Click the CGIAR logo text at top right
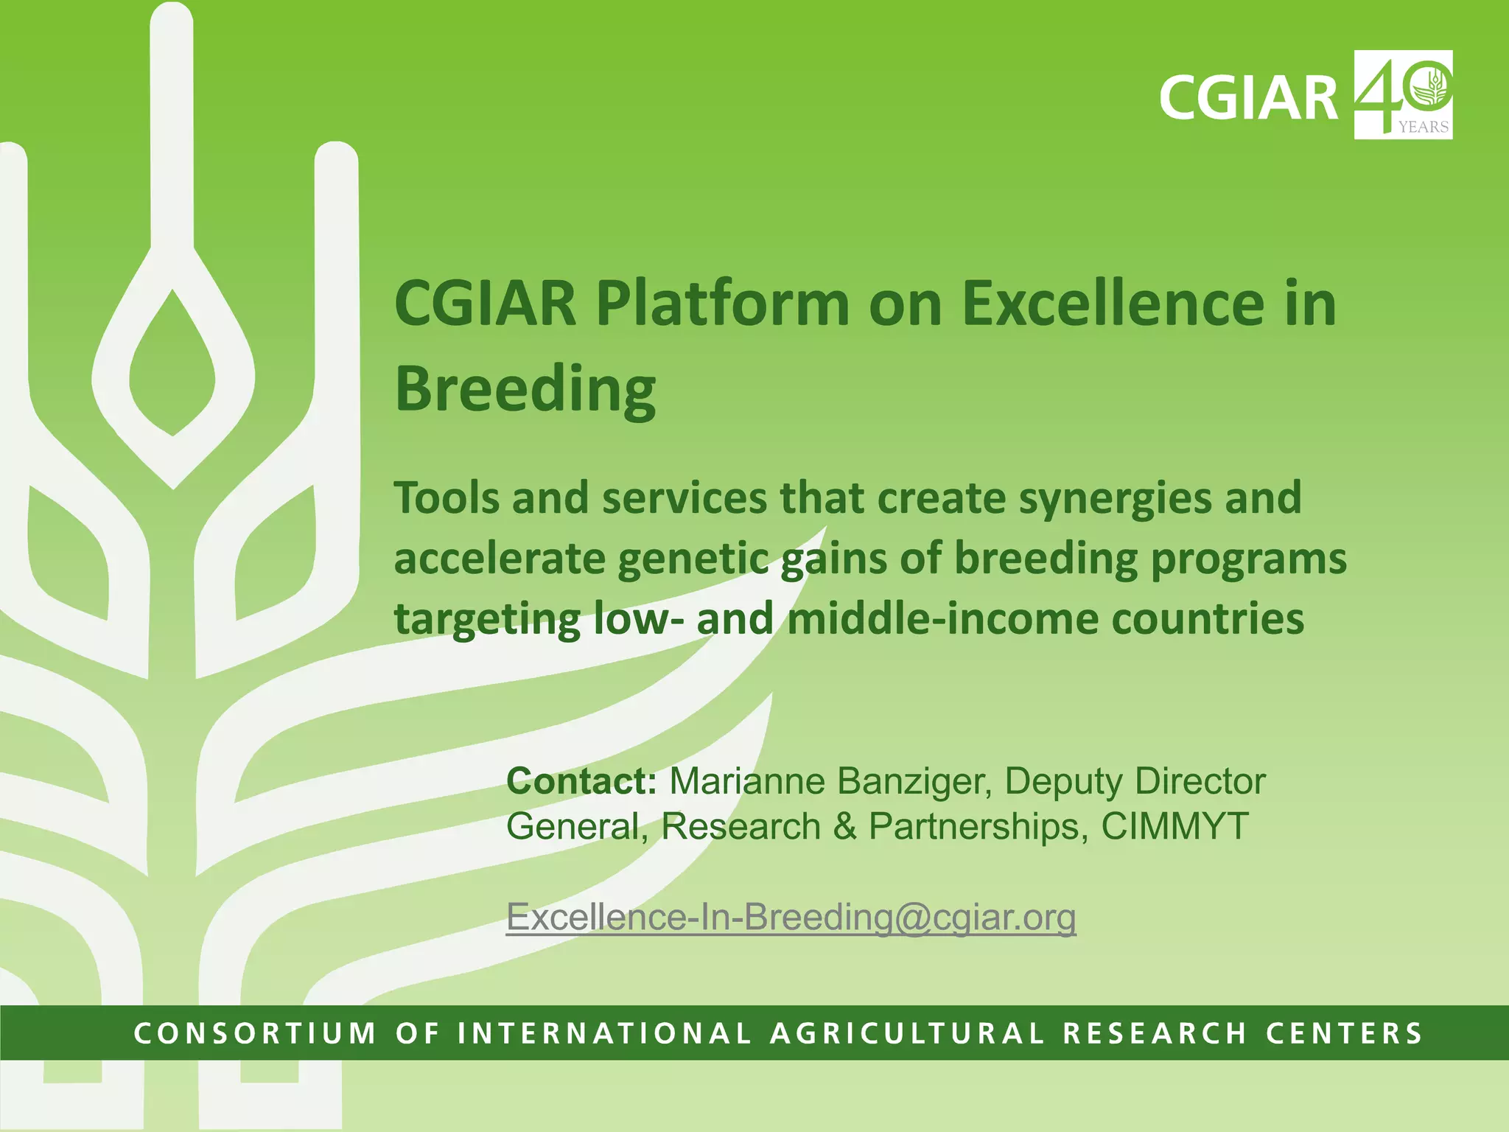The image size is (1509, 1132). pyautogui.click(x=1248, y=97)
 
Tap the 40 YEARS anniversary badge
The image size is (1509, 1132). pyautogui.click(x=1403, y=94)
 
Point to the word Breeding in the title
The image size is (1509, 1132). pyautogui.click(x=525, y=389)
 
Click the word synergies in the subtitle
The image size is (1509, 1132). pyautogui.click(x=1115, y=499)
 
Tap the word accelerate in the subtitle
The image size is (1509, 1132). pyautogui.click(x=498, y=559)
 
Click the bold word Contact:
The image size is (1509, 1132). pyautogui.click(x=581, y=781)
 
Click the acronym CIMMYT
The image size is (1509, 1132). pyautogui.click(x=1174, y=826)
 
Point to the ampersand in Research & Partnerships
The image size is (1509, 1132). pyautogui.click(x=844, y=826)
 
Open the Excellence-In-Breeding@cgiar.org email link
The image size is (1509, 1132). pyautogui.click(x=791, y=918)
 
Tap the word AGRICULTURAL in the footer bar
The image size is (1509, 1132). pyautogui.click(x=907, y=1033)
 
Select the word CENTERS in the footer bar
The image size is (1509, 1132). pyautogui.click(x=1344, y=1033)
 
